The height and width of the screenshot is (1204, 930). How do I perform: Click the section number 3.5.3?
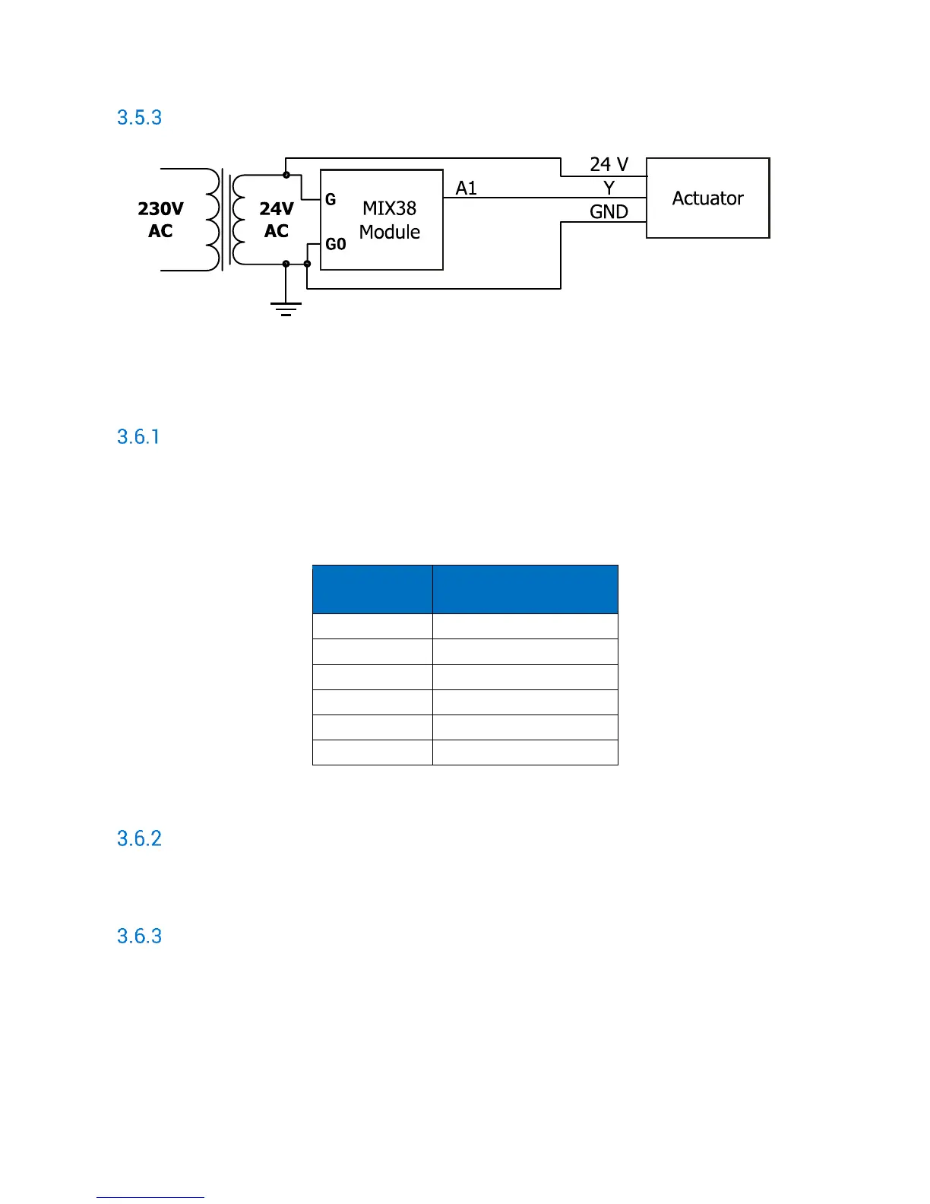point(139,118)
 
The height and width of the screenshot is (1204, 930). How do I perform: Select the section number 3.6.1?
point(138,437)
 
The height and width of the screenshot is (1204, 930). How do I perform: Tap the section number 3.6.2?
point(139,838)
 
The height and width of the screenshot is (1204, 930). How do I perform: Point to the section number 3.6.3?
point(139,936)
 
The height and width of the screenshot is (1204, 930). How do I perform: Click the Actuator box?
point(707,198)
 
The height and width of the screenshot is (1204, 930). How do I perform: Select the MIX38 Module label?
point(390,220)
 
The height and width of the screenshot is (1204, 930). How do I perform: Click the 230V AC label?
point(160,220)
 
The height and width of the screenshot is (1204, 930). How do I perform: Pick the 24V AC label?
point(276,220)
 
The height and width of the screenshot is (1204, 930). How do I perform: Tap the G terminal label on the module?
point(331,200)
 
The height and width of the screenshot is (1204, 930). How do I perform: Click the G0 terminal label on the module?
point(335,244)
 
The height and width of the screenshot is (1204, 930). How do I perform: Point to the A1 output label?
point(467,188)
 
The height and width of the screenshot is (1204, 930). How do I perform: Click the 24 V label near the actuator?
point(609,164)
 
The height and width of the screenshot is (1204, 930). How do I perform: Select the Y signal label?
point(609,188)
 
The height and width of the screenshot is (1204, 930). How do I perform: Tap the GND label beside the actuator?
point(609,211)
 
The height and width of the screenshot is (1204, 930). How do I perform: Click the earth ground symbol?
point(286,309)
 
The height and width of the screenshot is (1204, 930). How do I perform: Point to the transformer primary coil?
point(214,219)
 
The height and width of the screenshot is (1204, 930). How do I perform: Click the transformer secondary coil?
point(238,219)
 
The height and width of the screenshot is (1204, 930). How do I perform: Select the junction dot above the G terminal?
point(286,175)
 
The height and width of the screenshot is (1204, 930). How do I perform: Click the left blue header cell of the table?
point(372,589)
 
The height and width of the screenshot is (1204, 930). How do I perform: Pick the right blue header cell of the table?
point(525,589)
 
